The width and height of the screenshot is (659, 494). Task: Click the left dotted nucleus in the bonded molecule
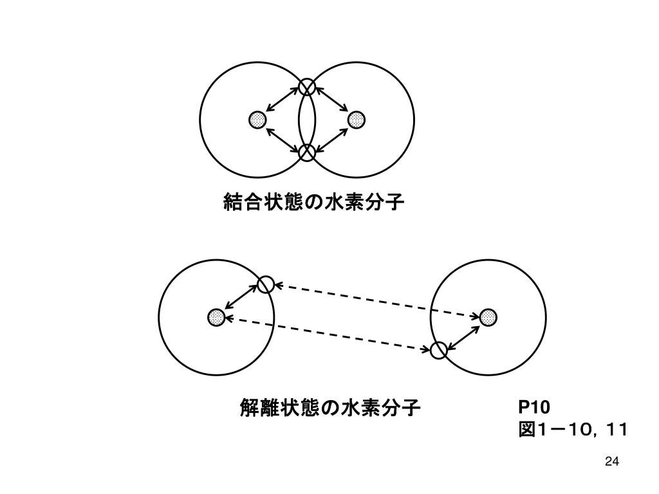[x=257, y=120]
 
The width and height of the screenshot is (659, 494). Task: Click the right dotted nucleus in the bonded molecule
[x=357, y=120]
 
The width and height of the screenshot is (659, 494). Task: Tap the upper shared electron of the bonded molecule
[x=307, y=87]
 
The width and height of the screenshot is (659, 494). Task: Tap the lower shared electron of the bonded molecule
[x=307, y=152]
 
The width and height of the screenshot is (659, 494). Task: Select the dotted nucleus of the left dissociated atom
[x=216, y=317]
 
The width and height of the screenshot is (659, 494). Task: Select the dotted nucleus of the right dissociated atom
[x=488, y=317]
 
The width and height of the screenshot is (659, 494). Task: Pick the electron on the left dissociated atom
[x=265, y=284]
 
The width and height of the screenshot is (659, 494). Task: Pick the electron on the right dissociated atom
[x=439, y=350]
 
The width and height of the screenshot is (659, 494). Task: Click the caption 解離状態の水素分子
[x=330, y=407]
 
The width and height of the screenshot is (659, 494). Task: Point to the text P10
[x=534, y=407]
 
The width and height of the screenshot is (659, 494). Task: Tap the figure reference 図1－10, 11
[x=572, y=429]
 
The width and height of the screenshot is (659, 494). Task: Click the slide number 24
[x=612, y=461]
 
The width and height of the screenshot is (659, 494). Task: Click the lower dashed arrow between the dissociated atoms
[x=328, y=334]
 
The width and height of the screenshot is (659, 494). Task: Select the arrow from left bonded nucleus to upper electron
[x=282, y=103]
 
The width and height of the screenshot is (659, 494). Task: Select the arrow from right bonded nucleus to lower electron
[x=332, y=136]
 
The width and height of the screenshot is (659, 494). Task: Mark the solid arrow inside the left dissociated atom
[x=241, y=300]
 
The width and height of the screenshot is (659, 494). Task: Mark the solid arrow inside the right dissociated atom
[x=464, y=334]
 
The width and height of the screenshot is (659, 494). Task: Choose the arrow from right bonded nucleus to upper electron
[x=332, y=103]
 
